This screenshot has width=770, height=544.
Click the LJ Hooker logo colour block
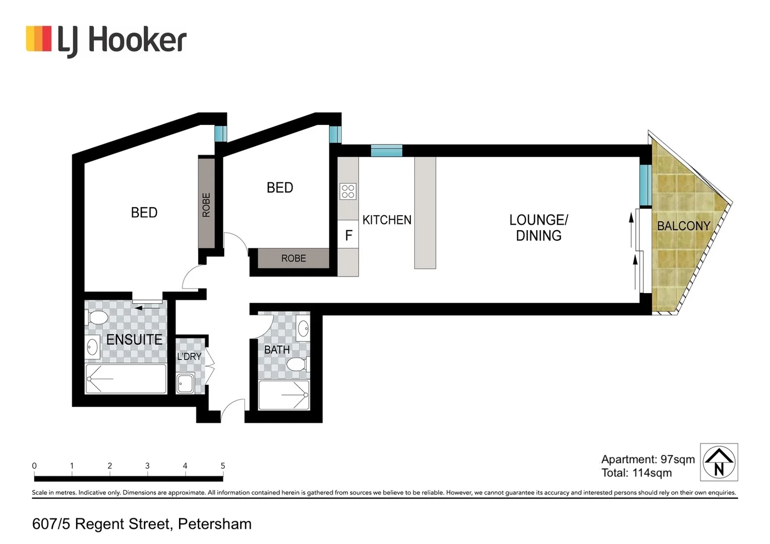pyautogui.click(x=38, y=39)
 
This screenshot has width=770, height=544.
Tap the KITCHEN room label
pyautogui.click(x=387, y=220)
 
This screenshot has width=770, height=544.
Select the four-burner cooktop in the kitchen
pyautogui.click(x=348, y=191)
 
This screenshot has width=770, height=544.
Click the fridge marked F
pyautogui.click(x=348, y=235)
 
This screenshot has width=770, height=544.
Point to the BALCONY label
pyautogui.click(x=683, y=226)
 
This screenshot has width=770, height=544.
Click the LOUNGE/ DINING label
pyautogui.click(x=539, y=228)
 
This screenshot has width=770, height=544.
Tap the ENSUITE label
pyautogui.click(x=134, y=339)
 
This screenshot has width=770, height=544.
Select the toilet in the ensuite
pyautogui.click(x=96, y=317)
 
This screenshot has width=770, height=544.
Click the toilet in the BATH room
pyautogui.click(x=298, y=364)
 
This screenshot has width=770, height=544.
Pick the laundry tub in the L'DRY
pyautogui.click(x=185, y=383)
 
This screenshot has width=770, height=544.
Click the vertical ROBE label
pyautogui.click(x=206, y=205)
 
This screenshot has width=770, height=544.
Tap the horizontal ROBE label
pyautogui.click(x=293, y=258)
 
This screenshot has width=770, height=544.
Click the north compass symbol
pyautogui.click(x=719, y=462)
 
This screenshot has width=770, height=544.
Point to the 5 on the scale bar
pyautogui.click(x=223, y=466)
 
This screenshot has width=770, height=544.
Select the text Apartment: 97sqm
pyautogui.click(x=648, y=459)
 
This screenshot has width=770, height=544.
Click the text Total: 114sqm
pyautogui.click(x=636, y=473)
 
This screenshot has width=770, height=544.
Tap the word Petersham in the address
pyautogui.click(x=215, y=524)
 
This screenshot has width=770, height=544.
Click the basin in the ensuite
pyautogui.click(x=92, y=348)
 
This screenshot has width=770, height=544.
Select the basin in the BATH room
pyautogui.click(x=303, y=328)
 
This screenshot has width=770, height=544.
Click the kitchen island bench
pyautogui.click(x=425, y=213)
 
